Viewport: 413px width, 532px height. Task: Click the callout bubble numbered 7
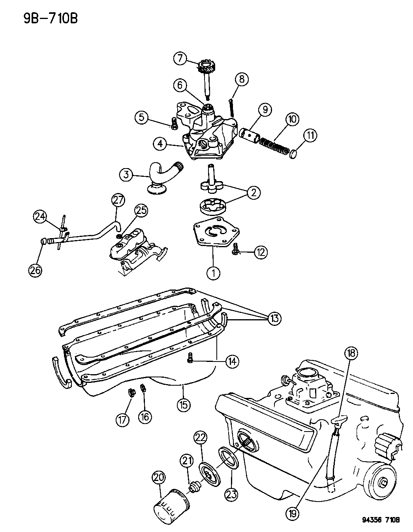[180, 59]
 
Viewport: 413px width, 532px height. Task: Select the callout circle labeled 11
[310, 136]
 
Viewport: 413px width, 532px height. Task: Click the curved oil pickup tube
[160, 176]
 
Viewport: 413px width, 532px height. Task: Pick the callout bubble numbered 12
[261, 252]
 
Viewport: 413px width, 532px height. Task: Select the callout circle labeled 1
[214, 273]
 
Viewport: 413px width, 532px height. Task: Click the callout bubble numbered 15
[184, 404]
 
